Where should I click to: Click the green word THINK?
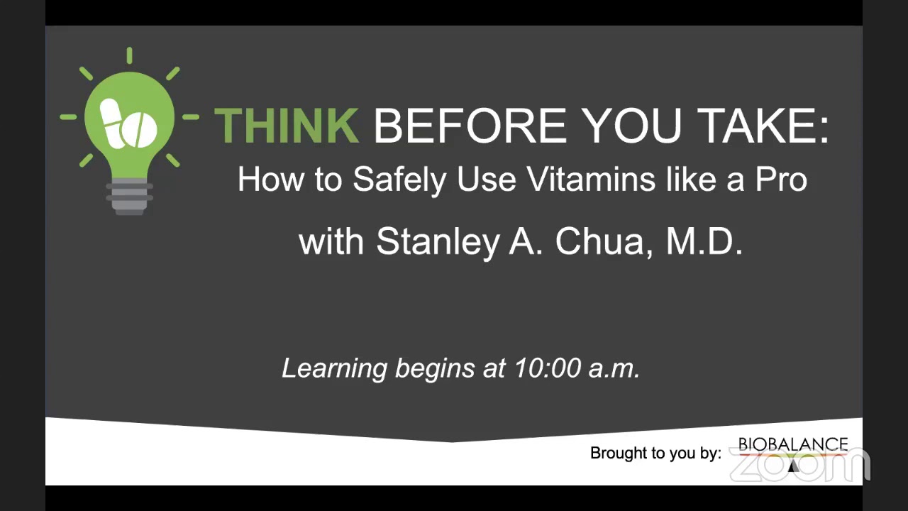tap(287, 126)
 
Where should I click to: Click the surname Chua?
tap(604, 242)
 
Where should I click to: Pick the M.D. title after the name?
tap(704, 241)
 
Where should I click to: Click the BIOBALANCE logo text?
tap(793, 445)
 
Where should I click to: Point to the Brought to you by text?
tap(655, 453)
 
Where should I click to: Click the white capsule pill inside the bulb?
tap(113, 123)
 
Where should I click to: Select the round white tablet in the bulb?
tap(140, 129)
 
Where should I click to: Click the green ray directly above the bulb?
tap(129, 55)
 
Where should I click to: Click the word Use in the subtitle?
tap(487, 180)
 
